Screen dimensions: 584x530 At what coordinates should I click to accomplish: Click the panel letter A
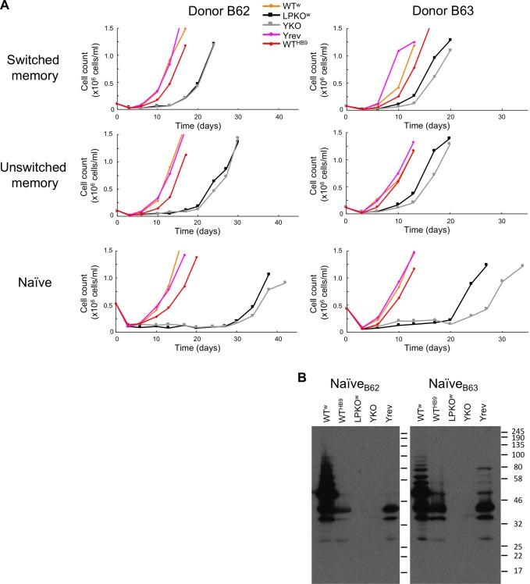click(x=7, y=6)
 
